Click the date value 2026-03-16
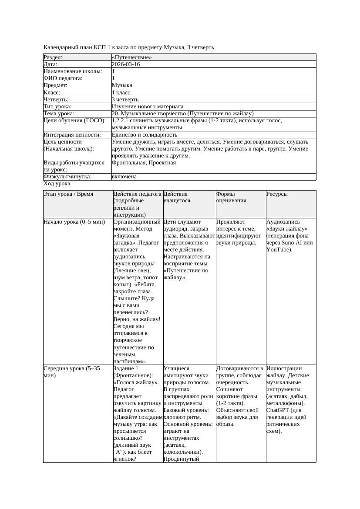point(126,64)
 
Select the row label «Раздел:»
point(53,57)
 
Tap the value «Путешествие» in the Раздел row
point(132,57)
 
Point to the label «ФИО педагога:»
point(63,78)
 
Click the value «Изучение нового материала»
point(148,107)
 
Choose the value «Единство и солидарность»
point(145,135)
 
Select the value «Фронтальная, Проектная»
point(144,163)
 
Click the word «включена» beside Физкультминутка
point(124,177)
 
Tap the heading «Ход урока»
point(57,184)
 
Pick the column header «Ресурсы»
point(277,194)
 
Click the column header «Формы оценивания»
point(232,197)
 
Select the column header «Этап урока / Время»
point(68,194)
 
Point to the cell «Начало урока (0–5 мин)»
point(74,222)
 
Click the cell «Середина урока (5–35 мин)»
point(72,372)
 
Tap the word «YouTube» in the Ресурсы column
point(278,250)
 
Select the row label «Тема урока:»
point(59,114)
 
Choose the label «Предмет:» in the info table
point(55,86)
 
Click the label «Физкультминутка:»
point(67,177)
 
